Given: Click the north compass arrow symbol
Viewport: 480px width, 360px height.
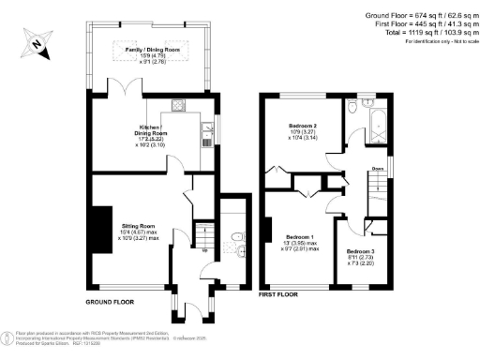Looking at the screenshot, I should point(36,43).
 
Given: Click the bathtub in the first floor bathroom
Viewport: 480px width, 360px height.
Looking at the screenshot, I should point(377,122).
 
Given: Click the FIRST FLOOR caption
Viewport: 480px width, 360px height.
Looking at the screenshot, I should point(278,294).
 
